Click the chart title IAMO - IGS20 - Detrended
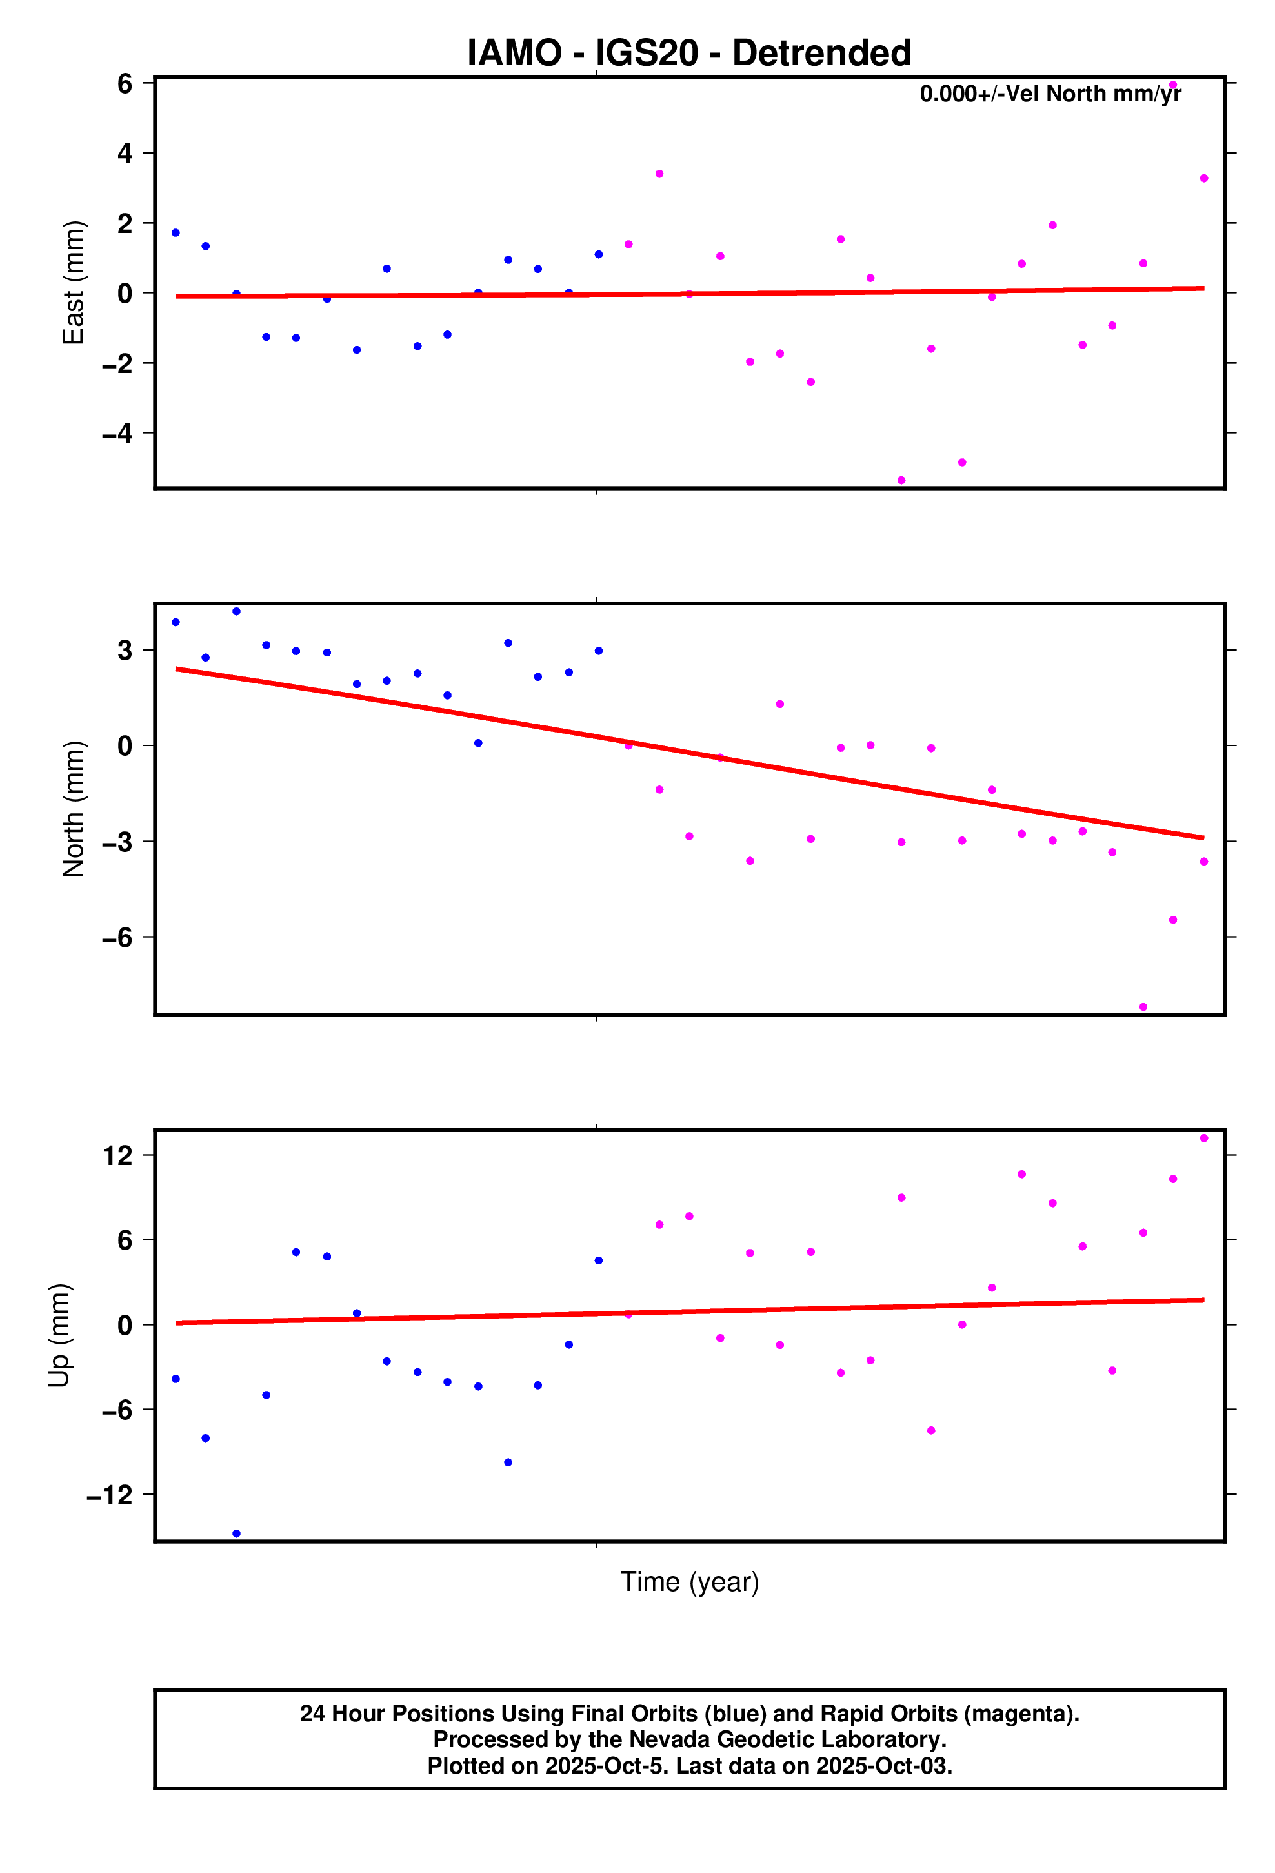[689, 53]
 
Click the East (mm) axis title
[74, 282]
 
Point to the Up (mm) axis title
[59, 1335]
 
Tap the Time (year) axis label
[689, 1581]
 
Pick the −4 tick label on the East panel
[117, 434]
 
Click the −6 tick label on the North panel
[117, 937]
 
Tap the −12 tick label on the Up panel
[110, 1495]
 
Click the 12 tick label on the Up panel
[117, 1156]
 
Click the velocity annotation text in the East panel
[1050, 94]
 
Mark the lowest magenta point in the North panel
[1143, 1007]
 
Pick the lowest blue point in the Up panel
[236, 1534]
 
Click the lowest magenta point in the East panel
[901, 480]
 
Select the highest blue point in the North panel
[236, 612]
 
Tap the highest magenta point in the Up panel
[1204, 1138]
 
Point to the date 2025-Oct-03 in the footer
[883, 1766]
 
